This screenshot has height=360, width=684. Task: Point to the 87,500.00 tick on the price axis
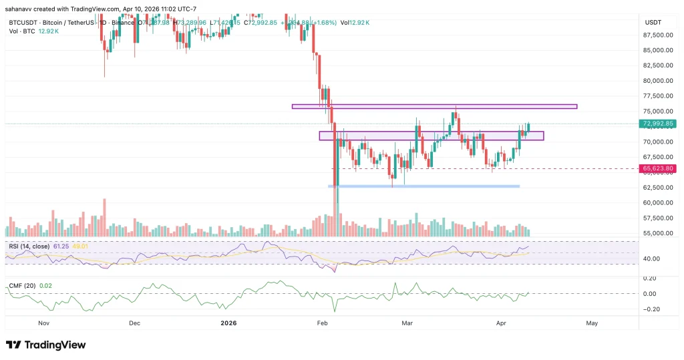pyautogui.click(x=657, y=35)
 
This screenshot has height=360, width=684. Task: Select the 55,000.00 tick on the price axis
pyautogui.click(x=657, y=234)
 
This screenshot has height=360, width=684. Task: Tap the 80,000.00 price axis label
pyautogui.click(x=657, y=81)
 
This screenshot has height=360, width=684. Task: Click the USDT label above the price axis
pyautogui.click(x=653, y=22)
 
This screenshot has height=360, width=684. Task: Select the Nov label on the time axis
pyautogui.click(x=45, y=323)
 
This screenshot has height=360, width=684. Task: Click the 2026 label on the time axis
pyautogui.click(x=228, y=323)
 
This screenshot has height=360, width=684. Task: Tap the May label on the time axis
pyautogui.click(x=591, y=323)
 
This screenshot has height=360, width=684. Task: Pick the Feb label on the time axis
pyautogui.click(x=322, y=323)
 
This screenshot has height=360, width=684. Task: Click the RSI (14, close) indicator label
pyautogui.click(x=30, y=246)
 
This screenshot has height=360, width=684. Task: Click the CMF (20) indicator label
pyautogui.click(x=21, y=286)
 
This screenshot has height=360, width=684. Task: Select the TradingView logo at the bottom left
pyautogui.click(x=46, y=345)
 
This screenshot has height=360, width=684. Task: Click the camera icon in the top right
pyautogui.click(x=671, y=8)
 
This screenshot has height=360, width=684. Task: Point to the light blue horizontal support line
pyautogui.click(x=424, y=186)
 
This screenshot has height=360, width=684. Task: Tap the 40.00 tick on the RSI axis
pyautogui.click(x=652, y=258)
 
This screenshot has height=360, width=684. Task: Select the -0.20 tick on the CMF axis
pyautogui.click(x=651, y=309)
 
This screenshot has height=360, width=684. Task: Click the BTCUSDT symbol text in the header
pyautogui.click(x=23, y=22)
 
